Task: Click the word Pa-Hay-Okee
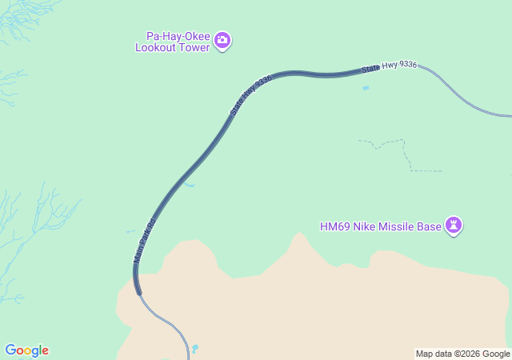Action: click(178, 35)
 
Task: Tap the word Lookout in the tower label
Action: click(157, 47)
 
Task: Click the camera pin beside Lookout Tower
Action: click(222, 40)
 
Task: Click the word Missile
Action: click(398, 226)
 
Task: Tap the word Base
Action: click(430, 226)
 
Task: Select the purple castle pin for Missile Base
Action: click(455, 226)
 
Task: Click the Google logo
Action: click(26, 350)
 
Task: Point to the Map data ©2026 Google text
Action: click(462, 354)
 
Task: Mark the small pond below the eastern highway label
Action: click(366, 88)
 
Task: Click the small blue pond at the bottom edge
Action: click(194, 349)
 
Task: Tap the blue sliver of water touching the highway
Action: click(188, 185)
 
